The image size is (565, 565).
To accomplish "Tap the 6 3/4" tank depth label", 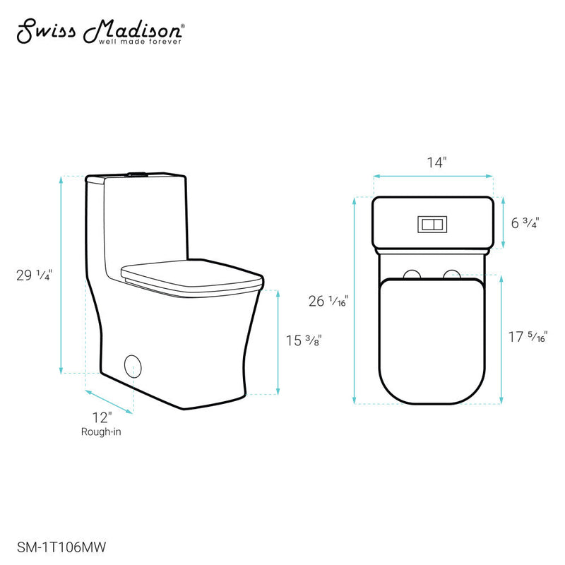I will [x=525, y=222].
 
